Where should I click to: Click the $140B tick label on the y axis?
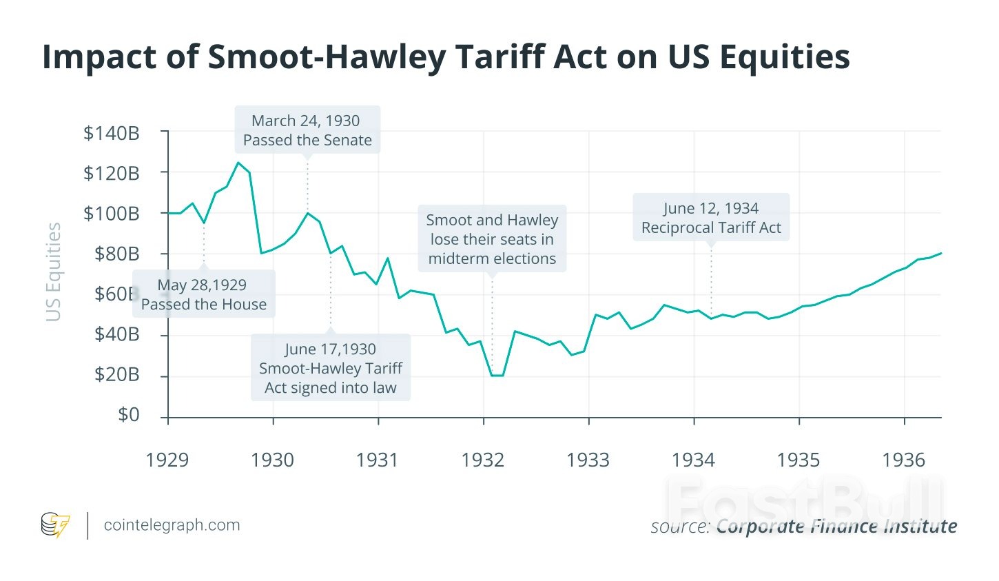click(112, 133)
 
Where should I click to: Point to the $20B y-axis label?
click(116, 375)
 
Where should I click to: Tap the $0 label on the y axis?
click(128, 415)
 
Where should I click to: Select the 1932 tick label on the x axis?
click(482, 460)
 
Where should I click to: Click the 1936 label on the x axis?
click(903, 460)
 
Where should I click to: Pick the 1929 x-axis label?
click(167, 460)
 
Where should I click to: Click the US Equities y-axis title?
click(54, 272)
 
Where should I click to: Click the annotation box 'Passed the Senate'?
click(307, 130)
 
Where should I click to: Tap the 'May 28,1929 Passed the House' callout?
click(204, 294)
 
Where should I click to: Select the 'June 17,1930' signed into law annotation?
click(331, 368)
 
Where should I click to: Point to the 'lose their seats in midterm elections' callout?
click(492, 239)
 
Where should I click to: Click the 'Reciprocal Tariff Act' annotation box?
click(711, 218)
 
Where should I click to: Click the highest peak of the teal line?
click(238, 163)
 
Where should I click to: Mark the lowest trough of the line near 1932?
click(497, 376)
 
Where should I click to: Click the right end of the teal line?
click(940, 253)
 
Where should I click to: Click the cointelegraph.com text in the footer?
click(172, 525)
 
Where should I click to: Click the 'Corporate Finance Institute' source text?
click(836, 527)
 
